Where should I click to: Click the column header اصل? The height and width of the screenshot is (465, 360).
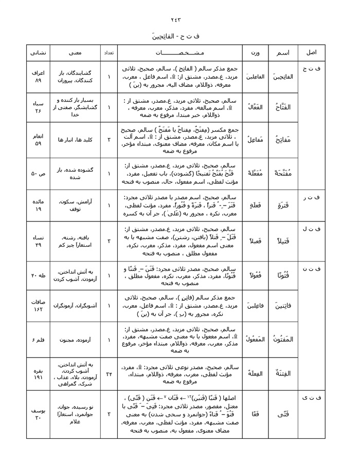[x=311, y=53]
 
